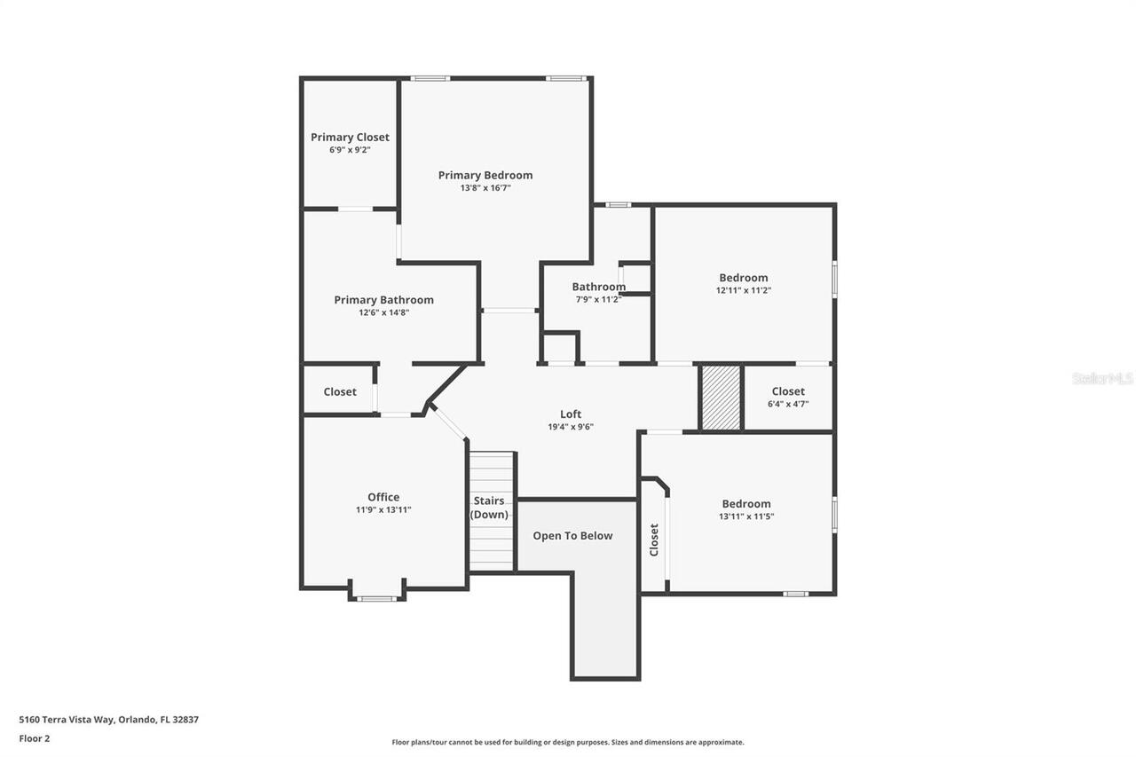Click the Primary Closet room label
350,137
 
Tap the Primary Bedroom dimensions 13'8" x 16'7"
485,188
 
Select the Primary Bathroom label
383,300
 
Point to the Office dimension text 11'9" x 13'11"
383,510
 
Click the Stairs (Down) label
490,508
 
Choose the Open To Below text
572,536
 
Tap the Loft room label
571,414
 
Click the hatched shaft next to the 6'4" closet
721,398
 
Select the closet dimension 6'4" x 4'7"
788,404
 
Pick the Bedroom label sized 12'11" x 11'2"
744,278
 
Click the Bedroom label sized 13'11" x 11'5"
746,503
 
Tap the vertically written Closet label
654,540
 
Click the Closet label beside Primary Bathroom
340,391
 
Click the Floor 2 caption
35,738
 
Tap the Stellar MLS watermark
1102,378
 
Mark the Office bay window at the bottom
376,598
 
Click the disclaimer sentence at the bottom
568,742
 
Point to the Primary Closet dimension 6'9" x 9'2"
350,150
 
